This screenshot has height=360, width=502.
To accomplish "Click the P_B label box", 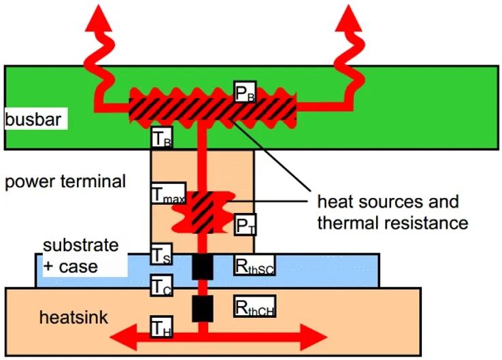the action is tap(246, 92).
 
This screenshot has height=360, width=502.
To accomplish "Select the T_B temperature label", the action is tap(162, 137).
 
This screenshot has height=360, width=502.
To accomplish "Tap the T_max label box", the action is tap(169, 193).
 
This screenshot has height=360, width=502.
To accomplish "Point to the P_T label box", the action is tap(246, 225).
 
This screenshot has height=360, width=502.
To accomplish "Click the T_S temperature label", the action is tap(162, 255).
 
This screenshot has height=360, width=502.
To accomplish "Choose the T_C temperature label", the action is tap(162, 285).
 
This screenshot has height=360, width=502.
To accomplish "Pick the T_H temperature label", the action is tap(162, 327).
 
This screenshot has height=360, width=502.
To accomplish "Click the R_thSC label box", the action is tap(254, 265).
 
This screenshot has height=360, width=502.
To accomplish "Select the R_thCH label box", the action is tap(254, 306).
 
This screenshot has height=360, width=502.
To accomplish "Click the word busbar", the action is tap(33, 119).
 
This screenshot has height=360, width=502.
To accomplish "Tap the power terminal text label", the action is tap(65, 181).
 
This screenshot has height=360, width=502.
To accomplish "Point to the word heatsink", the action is tap(73, 317).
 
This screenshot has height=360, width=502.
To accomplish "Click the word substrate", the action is tap(81, 245).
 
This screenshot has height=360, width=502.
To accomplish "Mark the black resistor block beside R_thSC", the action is tap(203, 267).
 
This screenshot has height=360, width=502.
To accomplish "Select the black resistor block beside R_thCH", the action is tap(203, 309).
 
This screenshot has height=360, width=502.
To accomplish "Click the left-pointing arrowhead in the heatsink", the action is tap(123, 337).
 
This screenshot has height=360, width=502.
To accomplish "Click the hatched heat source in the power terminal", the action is tap(203, 212).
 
